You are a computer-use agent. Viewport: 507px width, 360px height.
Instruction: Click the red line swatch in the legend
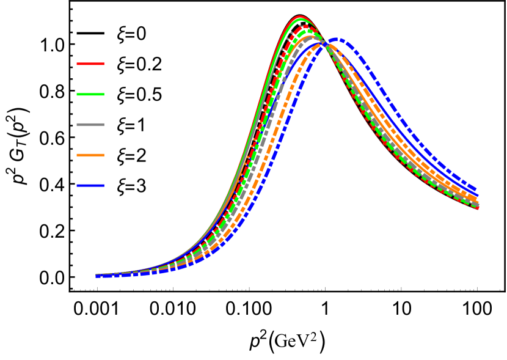pos(90,64)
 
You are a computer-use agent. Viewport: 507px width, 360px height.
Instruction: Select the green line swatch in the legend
pos(90,94)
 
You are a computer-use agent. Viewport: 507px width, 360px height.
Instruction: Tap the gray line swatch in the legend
pos(90,125)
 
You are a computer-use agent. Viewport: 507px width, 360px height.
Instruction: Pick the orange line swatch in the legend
pos(90,155)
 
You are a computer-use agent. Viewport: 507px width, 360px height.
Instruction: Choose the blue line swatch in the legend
pos(90,185)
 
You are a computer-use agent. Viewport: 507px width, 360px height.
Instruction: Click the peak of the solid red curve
pos(299,17)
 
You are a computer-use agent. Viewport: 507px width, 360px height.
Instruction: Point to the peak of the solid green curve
pos(300,20)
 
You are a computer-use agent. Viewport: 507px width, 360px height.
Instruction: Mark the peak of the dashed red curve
pos(304,26)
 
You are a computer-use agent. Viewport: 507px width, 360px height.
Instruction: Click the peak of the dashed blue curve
pos(337,40)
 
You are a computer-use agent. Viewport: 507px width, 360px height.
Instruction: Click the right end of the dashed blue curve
pos(476,190)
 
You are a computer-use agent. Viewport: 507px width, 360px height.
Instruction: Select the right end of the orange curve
pos(476,199)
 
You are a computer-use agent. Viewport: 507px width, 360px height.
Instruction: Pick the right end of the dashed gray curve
pos(477,203)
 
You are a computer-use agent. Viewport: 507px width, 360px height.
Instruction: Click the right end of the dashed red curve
pos(478,207)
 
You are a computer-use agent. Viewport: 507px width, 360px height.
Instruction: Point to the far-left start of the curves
pos(97,276)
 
